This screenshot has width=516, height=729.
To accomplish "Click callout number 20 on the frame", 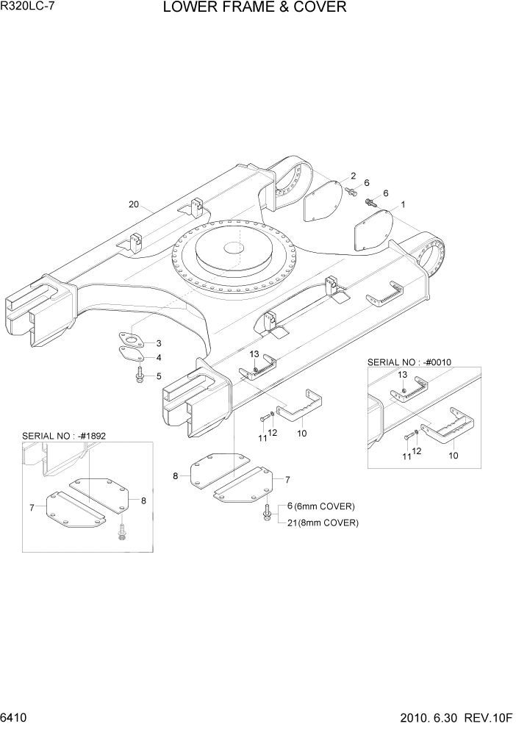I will (133, 205).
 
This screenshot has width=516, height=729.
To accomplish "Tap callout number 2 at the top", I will (353, 176).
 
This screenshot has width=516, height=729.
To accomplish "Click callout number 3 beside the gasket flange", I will (159, 343).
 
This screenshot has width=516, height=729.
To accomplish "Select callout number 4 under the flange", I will (159, 358).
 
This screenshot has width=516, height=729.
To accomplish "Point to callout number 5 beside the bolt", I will (159, 376).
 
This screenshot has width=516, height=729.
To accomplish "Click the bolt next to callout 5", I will (139, 377).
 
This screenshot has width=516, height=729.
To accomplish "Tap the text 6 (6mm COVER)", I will (320, 506).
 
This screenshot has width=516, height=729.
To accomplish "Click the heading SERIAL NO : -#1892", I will (64, 436).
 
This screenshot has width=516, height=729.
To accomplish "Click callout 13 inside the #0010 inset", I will (403, 375).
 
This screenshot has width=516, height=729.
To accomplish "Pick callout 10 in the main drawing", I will (301, 434).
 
